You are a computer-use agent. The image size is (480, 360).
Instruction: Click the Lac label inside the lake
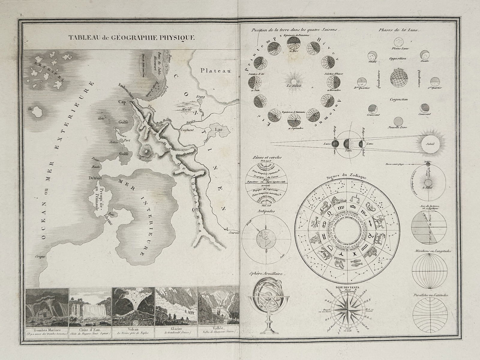tap(219, 129)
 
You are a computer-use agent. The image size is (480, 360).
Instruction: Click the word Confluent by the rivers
tap(187, 130)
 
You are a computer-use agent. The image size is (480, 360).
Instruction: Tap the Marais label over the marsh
tap(186, 109)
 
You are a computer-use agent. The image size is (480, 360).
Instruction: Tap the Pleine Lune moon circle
tap(399, 41)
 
